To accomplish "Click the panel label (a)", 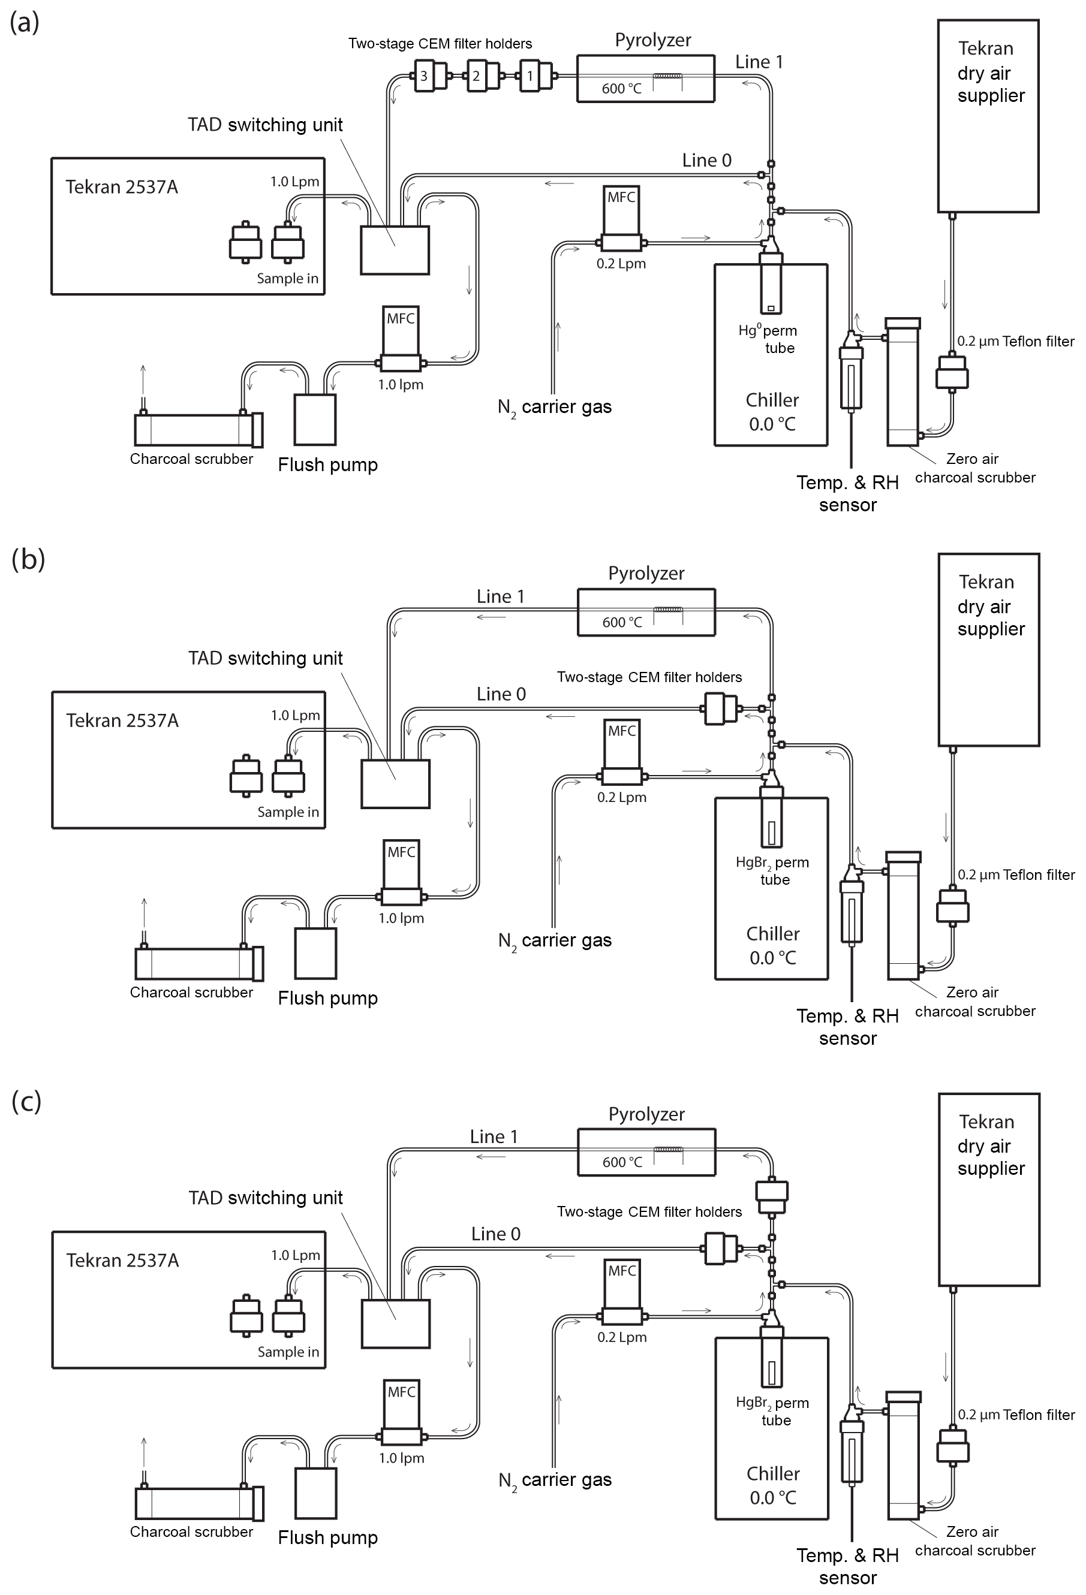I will [24, 23].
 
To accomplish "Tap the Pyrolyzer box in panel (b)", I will [645, 612].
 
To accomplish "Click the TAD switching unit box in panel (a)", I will [395, 250].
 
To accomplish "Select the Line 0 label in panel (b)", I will [501, 694].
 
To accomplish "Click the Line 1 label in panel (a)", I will [759, 62].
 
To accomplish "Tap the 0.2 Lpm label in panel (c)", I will [622, 1337].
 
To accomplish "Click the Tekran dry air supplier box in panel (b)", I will [988, 649].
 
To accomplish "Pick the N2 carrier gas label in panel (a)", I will [555, 407].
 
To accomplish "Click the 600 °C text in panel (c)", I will [622, 1162].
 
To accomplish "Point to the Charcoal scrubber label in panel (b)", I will [191, 993].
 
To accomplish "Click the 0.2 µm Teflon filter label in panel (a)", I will [1015, 341].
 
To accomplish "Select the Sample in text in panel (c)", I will [288, 1352].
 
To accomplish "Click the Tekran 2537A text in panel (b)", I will [122, 720].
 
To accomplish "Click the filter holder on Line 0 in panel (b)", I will [720, 708].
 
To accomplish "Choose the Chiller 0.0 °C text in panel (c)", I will [773, 1485].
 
